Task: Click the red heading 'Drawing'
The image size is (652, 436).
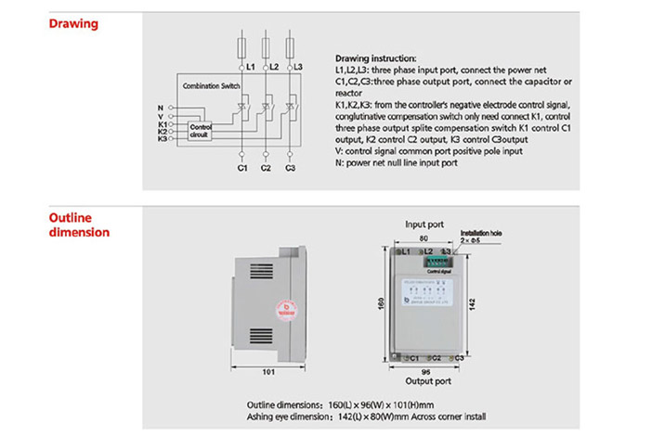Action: (73, 24)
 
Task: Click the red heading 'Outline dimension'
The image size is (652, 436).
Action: (78, 224)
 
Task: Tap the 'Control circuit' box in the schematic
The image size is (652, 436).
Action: (201, 131)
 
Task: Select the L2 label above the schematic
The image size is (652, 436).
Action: (273, 68)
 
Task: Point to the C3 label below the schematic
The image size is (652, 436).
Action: (291, 168)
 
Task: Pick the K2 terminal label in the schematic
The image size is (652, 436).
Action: (162, 131)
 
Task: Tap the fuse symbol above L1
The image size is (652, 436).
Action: (241, 45)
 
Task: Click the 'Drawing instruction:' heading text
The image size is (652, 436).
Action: (369, 58)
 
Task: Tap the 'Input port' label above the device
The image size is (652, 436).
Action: (424, 224)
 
